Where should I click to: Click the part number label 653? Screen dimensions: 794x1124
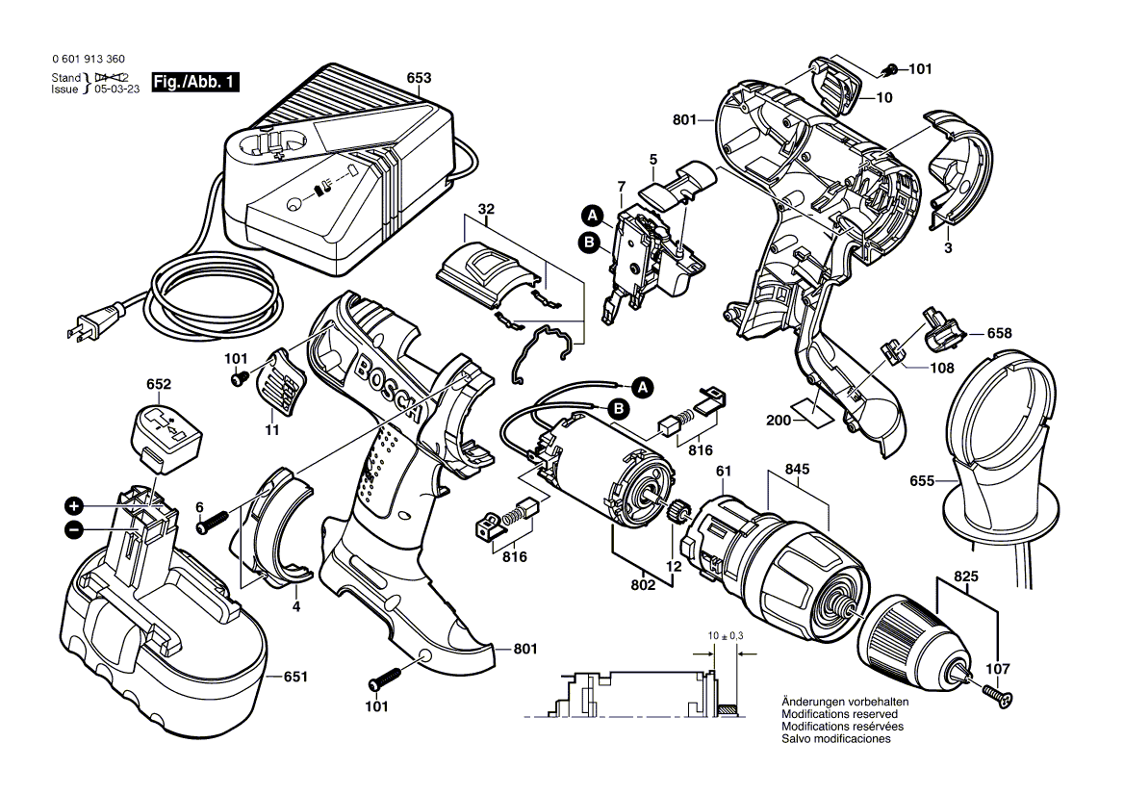click(x=419, y=79)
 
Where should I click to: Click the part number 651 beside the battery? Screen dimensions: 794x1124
click(x=295, y=678)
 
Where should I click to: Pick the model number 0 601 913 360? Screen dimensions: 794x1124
click(x=89, y=59)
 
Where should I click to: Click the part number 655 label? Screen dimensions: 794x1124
click(x=922, y=480)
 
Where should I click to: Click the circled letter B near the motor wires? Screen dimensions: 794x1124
click(x=621, y=410)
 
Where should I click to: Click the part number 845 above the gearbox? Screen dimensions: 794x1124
click(x=797, y=469)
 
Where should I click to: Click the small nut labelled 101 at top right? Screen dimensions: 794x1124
click(x=890, y=68)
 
